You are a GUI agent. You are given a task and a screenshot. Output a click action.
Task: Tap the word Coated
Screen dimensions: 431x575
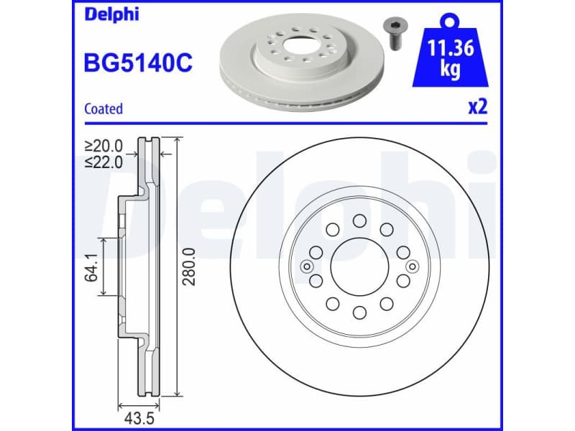pyautogui.click(x=103, y=109)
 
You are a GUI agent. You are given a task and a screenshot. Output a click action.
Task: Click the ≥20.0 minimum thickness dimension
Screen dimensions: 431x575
pyautogui.click(x=103, y=147)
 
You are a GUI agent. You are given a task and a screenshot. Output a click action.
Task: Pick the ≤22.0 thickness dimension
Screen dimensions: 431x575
pyautogui.click(x=103, y=162)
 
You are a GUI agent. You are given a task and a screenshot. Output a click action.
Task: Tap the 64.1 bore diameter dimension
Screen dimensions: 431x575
pyautogui.click(x=92, y=267)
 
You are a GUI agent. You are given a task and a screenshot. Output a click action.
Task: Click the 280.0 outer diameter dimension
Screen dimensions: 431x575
pyautogui.click(x=189, y=267)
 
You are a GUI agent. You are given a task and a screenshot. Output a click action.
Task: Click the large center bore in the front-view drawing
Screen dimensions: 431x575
pyautogui.click(x=359, y=266)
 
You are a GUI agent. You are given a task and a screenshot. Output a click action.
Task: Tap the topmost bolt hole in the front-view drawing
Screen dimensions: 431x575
pyautogui.click(x=359, y=221)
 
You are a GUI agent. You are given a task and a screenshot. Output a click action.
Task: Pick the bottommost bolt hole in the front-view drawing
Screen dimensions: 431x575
pyautogui.click(x=359, y=312)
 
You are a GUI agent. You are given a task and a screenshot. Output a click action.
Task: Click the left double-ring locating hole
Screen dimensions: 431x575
pyautogui.click(x=308, y=267)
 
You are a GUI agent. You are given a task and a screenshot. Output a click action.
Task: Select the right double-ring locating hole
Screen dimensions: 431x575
pyautogui.click(x=412, y=267)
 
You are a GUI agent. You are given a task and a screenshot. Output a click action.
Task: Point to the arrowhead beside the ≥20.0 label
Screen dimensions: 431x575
pyautogui.click(x=130, y=154)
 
